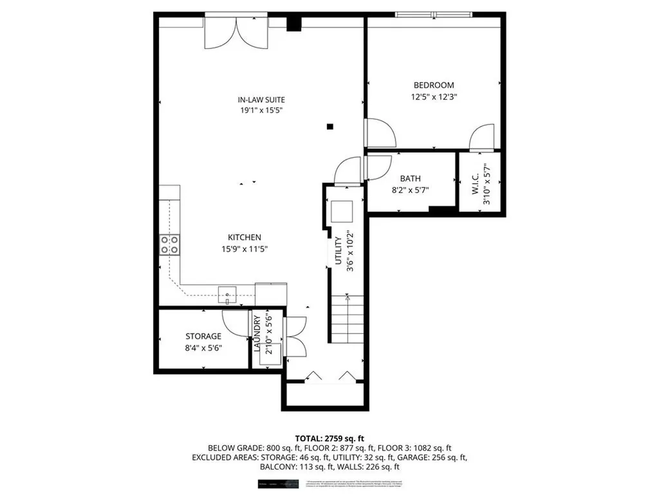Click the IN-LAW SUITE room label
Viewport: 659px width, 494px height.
click(x=261, y=100)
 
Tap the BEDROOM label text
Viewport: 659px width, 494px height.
click(x=433, y=85)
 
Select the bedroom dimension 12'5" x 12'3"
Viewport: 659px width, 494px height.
click(x=433, y=96)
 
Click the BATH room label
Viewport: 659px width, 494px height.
click(x=410, y=179)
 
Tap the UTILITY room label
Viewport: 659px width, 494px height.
click(x=337, y=251)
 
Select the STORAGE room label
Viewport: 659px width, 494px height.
click(x=203, y=336)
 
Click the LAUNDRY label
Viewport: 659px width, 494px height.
click(x=257, y=334)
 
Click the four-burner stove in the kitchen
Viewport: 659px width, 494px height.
click(x=169, y=244)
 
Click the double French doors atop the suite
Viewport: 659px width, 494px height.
click(x=236, y=32)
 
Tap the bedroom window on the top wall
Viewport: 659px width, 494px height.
click(x=434, y=15)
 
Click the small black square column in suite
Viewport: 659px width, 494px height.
click(x=330, y=127)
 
